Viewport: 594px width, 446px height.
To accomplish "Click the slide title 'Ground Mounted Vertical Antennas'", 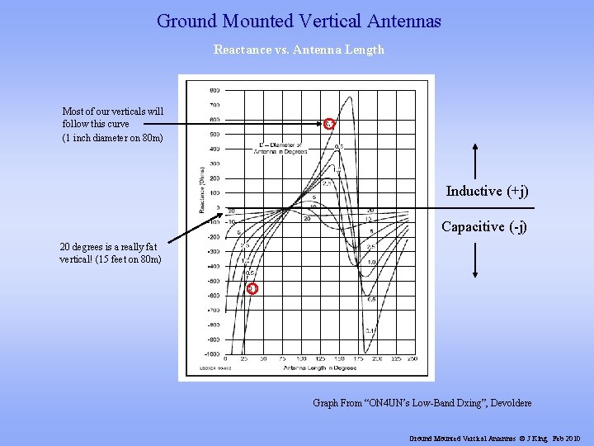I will pyautogui.click(x=299, y=21).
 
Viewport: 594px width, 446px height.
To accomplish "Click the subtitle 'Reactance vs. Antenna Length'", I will pyautogui.click(x=299, y=50).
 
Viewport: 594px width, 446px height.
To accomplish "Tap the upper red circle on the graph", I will pyautogui.click(x=328, y=124).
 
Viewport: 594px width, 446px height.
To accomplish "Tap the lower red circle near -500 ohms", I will pyautogui.click(x=252, y=288).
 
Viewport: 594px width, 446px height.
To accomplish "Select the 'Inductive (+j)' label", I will pyautogui.click(x=486, y=191).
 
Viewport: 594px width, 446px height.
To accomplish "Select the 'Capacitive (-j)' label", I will pyautogui.click(x=483, y=225).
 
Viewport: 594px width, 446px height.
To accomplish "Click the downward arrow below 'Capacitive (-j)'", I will pyautogui.click(x=474, y=261).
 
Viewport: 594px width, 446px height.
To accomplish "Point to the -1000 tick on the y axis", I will pyautogui.click(x=213, y=353).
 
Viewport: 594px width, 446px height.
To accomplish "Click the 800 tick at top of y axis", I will pyautogui.click(x=214, y=89).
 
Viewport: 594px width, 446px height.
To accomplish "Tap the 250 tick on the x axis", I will pyautogui.click(x=412, y=359).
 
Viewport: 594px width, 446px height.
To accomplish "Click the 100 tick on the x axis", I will pyautogui.click(x=301, y=359).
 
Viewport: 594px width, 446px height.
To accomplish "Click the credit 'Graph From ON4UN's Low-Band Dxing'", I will pyautogui.click(x=422, y=403).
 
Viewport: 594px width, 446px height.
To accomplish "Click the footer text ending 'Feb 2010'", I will pyautogui.click(x=495, y=438).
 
